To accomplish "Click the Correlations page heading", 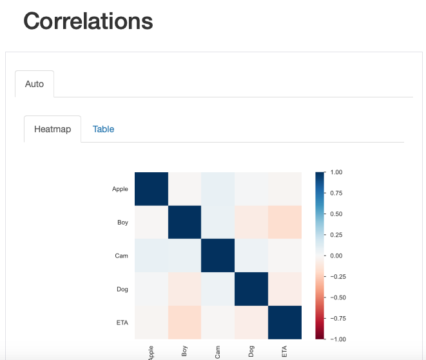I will pyautogui.click(x=88, y=21).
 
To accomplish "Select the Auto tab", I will pyautogui.click(x=34, y=84).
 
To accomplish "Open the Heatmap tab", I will pyautogui.click(x=52, y=129).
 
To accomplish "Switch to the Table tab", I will pyautogui.click(x=103, y=129).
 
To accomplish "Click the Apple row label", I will pyautogui.click(x=120, y=189).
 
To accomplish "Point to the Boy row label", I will pyautogui.click(x=122, y=223).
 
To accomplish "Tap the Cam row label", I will pyautogui.click(x=122, y=256).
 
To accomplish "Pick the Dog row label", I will pyautogui.click(x=122, y=289).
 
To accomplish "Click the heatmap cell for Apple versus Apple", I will pyautogui.click(x=151, y=189).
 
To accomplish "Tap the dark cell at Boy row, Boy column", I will pyautogui.click(x=184, y=223).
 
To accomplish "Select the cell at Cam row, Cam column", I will pyautogui.click(x=218, y=256).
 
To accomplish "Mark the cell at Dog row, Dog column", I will pyautogui.click(x=251, y=289).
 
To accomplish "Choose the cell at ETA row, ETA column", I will pyautogui.click(x=284, y=323).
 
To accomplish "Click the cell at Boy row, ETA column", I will pyautogui.click(x=284, y=223).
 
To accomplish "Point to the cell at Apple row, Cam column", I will pyautogui.click(x=218, y=189).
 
